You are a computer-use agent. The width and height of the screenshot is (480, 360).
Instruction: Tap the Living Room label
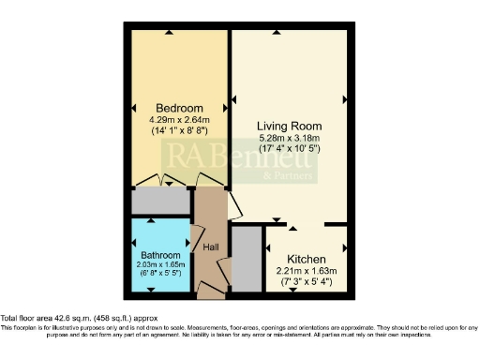tap(291, 126)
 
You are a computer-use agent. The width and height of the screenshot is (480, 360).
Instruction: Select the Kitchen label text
tap(307, 260)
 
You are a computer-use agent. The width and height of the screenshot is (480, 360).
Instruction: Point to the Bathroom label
tap(161, 255)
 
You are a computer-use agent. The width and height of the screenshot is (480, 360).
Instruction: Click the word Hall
tap(211, 247)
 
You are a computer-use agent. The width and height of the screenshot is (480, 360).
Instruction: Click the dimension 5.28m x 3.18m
tap(291, 138)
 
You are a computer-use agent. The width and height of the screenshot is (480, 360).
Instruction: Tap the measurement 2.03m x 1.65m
tap(161, 266)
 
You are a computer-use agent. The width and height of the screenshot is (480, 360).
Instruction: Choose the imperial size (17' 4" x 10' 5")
tap(291, 150)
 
